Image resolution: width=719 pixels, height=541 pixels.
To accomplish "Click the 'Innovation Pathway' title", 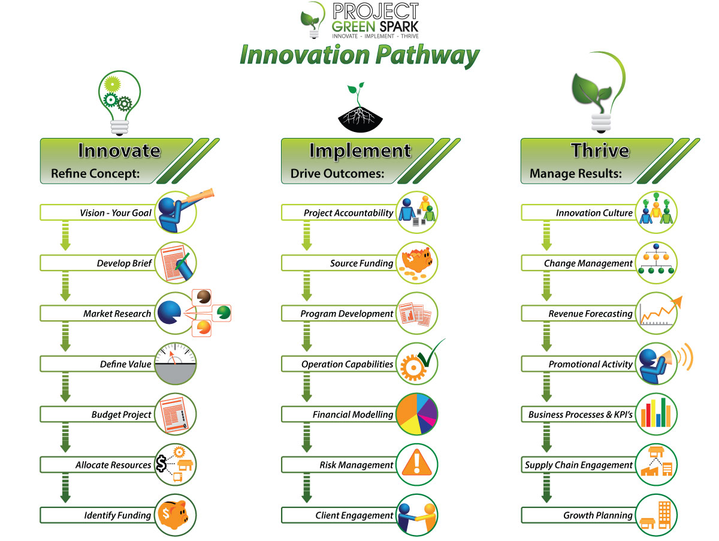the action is point(359,56).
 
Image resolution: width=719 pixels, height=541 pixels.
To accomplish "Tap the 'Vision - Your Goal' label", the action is point(115,213).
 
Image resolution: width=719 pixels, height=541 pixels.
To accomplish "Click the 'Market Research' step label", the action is point(117,314).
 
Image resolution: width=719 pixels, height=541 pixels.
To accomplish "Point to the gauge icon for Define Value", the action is point(175,363).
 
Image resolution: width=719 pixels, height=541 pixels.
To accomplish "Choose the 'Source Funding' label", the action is point(361,263).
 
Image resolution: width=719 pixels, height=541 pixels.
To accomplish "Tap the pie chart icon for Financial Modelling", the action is point(416,414).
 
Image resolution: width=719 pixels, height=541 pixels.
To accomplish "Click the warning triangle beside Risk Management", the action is point(416,462).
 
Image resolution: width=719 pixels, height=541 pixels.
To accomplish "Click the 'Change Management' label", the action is point(588,263).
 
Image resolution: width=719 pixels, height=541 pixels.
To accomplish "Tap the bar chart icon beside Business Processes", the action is point(656,414).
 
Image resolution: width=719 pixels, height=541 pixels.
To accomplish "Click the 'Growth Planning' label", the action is point(598,515).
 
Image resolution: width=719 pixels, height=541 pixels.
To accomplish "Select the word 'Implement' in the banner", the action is point(360,151).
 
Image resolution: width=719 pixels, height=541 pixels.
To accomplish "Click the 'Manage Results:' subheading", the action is point(576,173).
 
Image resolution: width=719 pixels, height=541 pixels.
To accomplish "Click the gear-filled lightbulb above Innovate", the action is point(119,103).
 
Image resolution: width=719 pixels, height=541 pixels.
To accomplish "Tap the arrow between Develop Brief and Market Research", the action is point(65,286).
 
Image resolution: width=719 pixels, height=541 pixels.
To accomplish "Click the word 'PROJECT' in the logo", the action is point(376,11).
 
